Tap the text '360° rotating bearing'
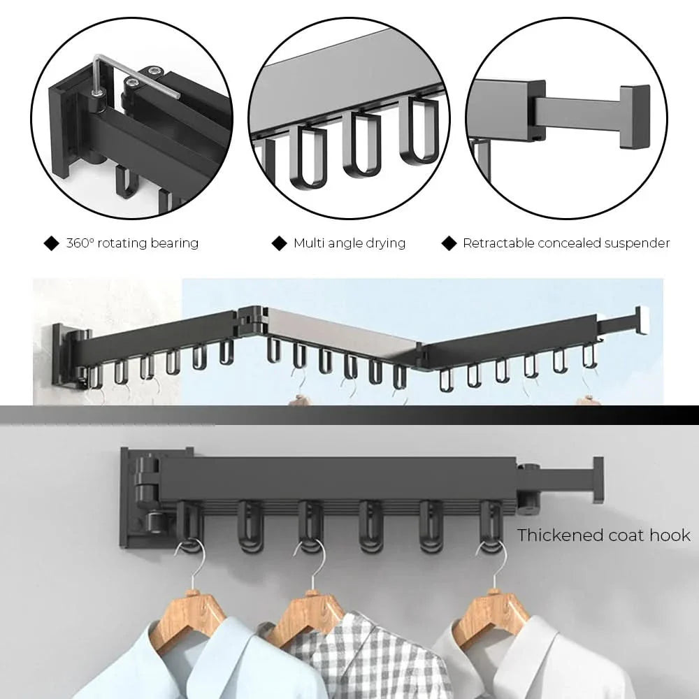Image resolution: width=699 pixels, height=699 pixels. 132,243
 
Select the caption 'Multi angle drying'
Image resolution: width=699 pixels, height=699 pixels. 349,243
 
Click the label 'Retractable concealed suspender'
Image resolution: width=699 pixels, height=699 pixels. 566,243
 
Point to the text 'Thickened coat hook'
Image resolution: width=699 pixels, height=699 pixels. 603,535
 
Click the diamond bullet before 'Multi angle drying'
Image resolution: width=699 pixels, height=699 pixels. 280,243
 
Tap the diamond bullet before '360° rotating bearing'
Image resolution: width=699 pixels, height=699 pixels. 52,243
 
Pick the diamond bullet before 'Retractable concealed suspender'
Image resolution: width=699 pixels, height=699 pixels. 449,243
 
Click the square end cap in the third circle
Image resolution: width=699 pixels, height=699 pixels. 633,117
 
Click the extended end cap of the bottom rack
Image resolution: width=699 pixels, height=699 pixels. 597,480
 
